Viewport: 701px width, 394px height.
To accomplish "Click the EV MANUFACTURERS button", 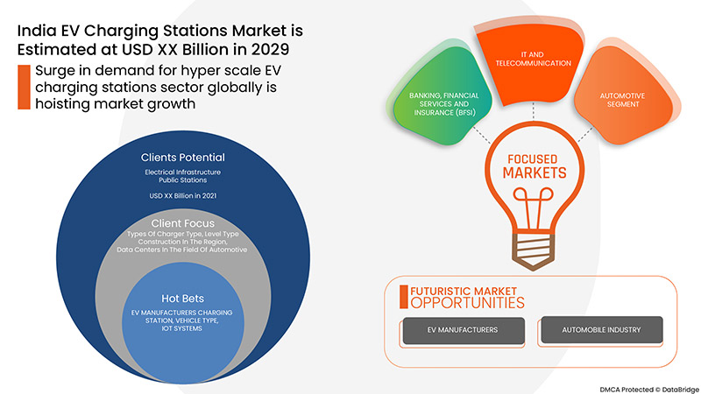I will [463, 330].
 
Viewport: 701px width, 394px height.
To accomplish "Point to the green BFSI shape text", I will [438, 103].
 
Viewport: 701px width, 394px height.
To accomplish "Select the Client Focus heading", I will [183, 223].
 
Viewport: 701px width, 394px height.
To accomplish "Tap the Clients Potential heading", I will [183, 158].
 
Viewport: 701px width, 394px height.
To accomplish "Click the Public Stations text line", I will [183, 181].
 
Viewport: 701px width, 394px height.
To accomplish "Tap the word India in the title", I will [38, 30].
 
